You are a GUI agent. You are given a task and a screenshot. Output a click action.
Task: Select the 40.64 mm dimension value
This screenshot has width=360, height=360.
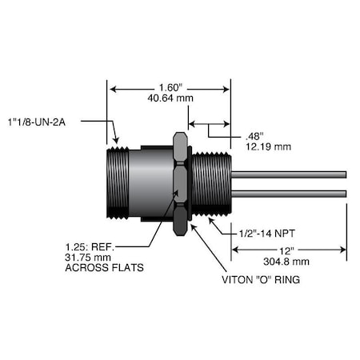[x=170, y=99]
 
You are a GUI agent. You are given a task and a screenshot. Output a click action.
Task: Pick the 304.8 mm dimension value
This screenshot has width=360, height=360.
[x=289, y=261]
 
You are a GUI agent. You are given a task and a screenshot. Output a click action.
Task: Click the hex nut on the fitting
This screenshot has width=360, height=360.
[x=180, y=184]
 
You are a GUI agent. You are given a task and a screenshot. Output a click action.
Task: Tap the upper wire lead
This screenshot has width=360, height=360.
[x=288, y=174]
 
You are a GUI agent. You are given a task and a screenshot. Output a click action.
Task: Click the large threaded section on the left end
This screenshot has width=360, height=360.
[x=118, y=183]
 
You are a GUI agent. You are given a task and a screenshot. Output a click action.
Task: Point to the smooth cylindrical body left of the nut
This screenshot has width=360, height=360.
[x=152, y=183]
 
